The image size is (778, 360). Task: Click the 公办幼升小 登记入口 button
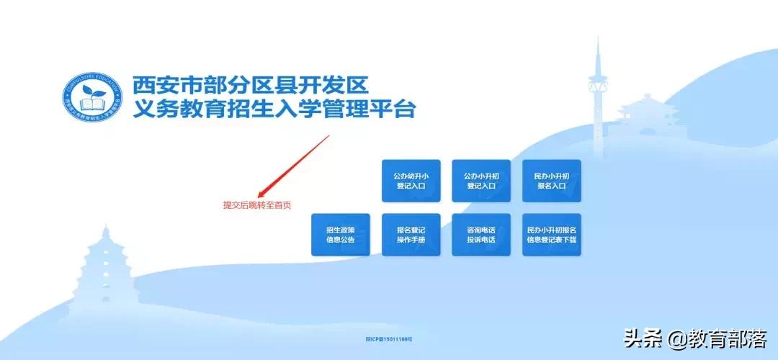[x=411, y=181]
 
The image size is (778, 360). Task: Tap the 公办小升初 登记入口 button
[x=481, y=181]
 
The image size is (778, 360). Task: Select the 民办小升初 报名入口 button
[x=551, y=181]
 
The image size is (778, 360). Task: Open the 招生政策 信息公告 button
[x=340, y=235]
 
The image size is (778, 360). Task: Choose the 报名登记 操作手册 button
[x=411, y=235]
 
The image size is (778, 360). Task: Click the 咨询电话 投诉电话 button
[x=481, y=235]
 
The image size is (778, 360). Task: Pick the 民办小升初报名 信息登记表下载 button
[x=551, y=235]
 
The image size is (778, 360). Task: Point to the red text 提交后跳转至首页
[x=257, y=205]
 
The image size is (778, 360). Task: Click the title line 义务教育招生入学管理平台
[x=274, y=110]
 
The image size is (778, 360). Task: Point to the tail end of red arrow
[x=328, y=136]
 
